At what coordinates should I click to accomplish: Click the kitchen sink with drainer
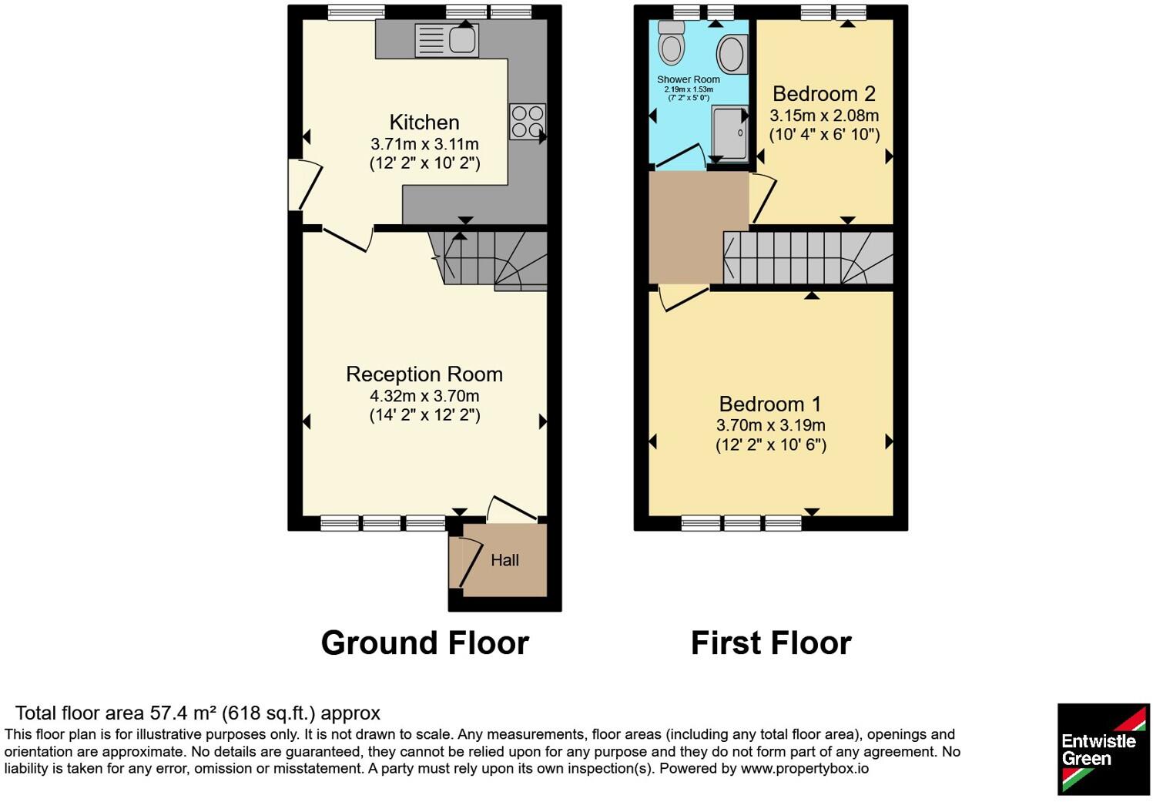[447, 41]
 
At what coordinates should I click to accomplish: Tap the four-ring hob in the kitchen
[528, 122]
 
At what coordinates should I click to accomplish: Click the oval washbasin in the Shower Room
[731, 54]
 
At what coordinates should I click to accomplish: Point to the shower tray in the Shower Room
[729, 134]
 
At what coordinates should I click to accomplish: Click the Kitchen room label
[424, 122]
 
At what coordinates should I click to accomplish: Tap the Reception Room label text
[424, 374]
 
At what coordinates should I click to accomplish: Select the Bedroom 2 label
[824, 94]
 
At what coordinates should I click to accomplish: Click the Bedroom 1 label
[770, 404]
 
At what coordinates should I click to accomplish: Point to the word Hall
[504, 560]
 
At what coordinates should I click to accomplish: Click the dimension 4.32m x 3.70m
[424, 396]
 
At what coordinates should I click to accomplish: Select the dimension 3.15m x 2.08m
[824, 116]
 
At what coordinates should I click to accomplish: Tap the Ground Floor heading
[424, 643]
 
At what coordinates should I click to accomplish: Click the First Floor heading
[771, 643]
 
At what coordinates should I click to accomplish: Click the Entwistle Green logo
[1104, 750]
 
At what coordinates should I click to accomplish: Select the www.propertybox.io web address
[805, 769]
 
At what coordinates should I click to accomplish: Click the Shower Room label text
[689, 80]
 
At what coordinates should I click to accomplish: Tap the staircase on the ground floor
[488, 261]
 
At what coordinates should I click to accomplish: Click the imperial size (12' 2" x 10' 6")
[770, 445]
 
